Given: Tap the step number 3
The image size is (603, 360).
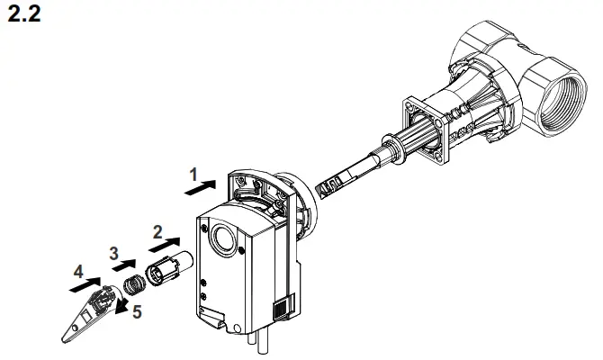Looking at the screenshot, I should [114, 254].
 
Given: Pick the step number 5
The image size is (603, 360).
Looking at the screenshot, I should [138, 313].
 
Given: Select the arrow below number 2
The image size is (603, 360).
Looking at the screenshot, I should [165, 243].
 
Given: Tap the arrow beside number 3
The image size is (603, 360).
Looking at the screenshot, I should [125, 266].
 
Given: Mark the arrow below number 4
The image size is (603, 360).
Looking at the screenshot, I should [88, 284].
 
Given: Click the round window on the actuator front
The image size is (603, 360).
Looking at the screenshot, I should [221, 239].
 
